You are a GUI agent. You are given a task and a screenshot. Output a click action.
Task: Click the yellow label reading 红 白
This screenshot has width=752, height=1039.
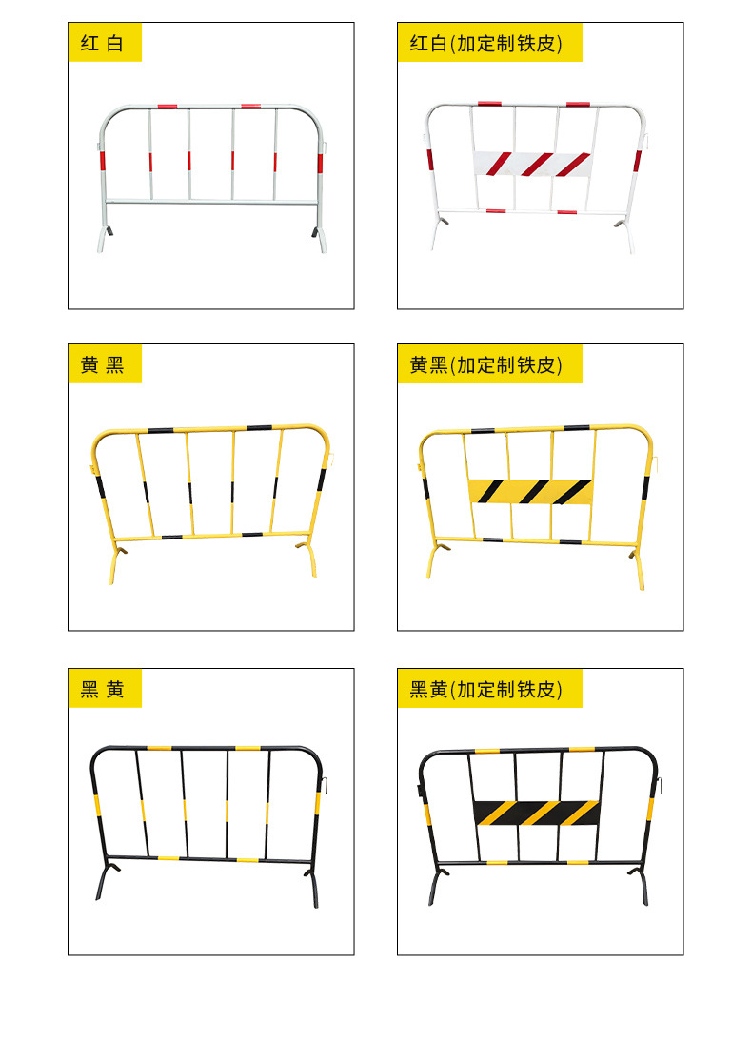pyautogui.click(x=105, y=43)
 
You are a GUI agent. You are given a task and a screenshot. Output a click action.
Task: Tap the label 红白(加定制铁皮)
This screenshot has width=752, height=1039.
pyautogui.click(x=489, y=43)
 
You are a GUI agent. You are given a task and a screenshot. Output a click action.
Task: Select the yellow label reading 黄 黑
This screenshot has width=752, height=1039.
pyautogui.click(x=105, y=363)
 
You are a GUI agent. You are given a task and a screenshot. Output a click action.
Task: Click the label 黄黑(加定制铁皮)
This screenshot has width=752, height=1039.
pyautogui.click(x=489, y=363)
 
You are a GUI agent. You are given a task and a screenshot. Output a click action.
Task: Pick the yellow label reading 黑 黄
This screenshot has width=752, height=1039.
pyautogui.click(x=105, y=689)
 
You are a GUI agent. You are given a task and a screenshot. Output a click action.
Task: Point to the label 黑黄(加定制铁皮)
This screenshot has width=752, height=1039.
pyautogui.click(x=489, y=689)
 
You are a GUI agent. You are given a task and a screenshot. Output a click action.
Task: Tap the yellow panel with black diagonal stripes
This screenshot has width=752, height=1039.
pyautogui.click(x=530, y=492)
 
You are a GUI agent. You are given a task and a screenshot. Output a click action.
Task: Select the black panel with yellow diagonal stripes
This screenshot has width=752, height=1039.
pyautogui.click(x=537, y=814)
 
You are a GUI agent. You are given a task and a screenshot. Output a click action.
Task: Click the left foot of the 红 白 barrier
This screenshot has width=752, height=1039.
pyautogui.click(x=104, y=239)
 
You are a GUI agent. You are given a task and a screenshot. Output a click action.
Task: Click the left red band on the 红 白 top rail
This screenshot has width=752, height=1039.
pyautogui.click(x=168, y=106)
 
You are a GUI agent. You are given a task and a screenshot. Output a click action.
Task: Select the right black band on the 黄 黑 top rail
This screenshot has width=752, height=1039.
pyautogui.click(x=259, y=428)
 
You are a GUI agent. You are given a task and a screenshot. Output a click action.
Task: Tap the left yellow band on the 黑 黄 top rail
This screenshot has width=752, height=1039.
pyautogui.click(x=159, y=748)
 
